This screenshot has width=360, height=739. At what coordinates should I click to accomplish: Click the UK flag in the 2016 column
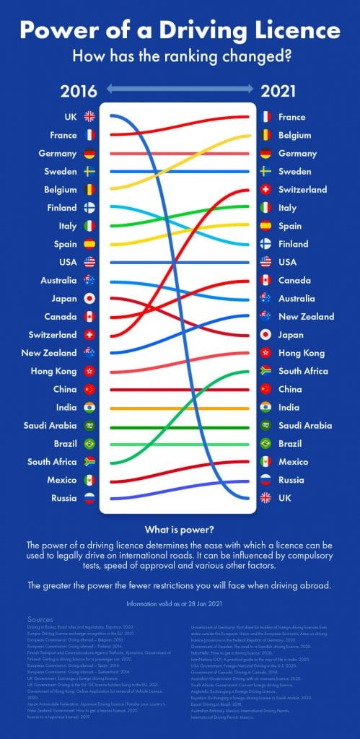89,116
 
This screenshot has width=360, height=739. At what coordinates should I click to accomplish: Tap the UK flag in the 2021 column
265,498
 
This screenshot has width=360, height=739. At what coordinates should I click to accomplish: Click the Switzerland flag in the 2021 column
265,190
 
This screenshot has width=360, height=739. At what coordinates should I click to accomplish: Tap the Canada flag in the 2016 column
89,317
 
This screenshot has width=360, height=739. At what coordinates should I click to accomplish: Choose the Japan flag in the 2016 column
89,298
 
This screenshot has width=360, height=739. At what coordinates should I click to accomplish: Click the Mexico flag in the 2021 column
265,462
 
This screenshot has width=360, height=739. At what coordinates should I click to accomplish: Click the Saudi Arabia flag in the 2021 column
265,426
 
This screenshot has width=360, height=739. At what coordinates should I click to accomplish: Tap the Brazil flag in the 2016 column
89,444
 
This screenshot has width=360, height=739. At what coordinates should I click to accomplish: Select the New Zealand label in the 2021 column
306,317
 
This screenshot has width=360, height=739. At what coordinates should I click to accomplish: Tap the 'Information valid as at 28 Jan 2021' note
180,603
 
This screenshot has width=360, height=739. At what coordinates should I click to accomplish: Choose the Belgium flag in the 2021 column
265,135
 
